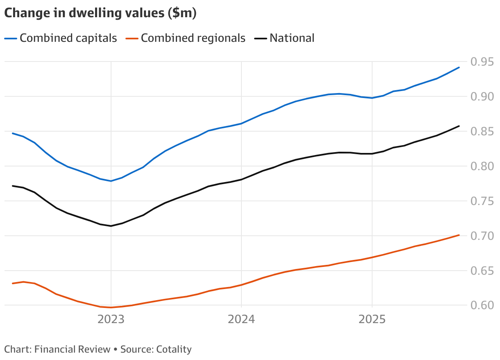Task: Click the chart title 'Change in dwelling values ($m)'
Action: click(100, 13)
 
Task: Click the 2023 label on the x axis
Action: click(111, 319)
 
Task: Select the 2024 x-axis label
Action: click(241, 319)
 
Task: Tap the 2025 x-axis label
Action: click(372, 319)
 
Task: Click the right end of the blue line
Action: click(459, 67)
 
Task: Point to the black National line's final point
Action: click(459, 126)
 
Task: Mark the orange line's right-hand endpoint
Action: click(459, 235)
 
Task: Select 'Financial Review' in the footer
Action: click(73, 349)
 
